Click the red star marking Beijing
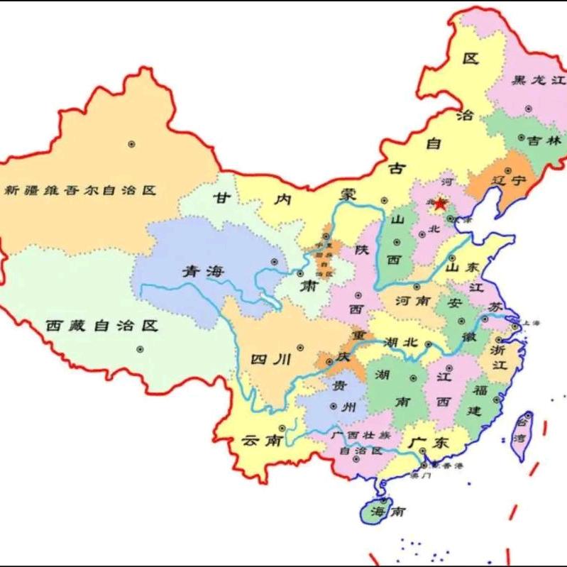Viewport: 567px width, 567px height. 440,204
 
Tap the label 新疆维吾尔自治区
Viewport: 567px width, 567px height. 79,190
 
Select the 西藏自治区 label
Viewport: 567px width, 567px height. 101,326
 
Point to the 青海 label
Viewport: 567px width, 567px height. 200,271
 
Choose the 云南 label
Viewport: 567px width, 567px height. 260,440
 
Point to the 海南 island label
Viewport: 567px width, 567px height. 388,511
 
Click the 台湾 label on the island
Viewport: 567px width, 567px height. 523,429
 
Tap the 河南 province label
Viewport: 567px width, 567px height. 412,301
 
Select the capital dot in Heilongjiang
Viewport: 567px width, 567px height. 528,109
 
